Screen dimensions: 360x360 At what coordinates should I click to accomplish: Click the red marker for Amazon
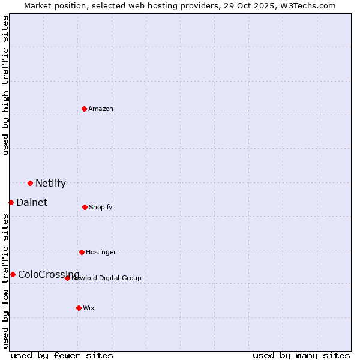(x=84, y=109)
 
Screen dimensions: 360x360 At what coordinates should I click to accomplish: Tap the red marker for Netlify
(x=30, y=183)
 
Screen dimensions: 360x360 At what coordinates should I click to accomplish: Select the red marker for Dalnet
(x=11, y=202)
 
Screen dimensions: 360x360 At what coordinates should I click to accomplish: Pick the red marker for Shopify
(x=85, y=207)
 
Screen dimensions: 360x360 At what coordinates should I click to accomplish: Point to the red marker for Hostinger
(x=82, y=252)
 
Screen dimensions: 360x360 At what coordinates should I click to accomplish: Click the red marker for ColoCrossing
(x=13, y=274)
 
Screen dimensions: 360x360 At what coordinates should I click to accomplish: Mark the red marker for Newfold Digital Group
(x=67, y=278)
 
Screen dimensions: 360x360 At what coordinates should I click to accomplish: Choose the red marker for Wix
(x=79, y=308)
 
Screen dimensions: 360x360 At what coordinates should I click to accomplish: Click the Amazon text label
(x=101, y=109)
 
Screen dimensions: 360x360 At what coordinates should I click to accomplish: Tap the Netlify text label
(x=50, y=183)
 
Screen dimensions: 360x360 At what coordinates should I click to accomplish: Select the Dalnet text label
(x=32, y=202)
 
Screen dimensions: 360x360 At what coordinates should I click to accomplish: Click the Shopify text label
(x=101, y=207)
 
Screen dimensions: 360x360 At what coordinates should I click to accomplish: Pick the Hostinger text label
(x=101, y=252)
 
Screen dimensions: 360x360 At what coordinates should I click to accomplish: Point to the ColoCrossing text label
(x=49, y=274)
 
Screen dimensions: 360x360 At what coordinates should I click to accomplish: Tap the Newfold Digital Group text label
(x=107, y=278)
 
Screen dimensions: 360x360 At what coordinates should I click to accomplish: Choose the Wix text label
(x=89, y=308)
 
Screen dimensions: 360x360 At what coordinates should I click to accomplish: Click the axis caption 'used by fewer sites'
(x=62, y=355)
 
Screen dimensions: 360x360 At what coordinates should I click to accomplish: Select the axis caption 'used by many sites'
(x=301, y=355)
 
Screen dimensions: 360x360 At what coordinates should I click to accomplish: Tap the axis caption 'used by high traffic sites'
(x=5, y=85)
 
